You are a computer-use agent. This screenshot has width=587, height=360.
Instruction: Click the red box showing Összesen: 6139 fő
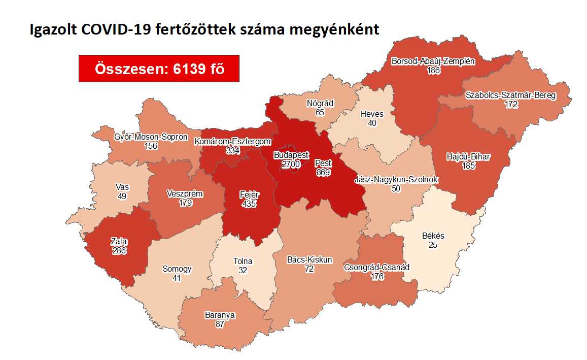[x=159, y=69]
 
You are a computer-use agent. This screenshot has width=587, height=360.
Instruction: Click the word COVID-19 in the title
[x=111, y=29]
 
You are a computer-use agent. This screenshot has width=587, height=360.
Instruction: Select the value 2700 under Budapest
[x=291, y=164]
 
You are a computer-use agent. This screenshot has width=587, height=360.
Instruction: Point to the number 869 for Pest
[x=323, y=173]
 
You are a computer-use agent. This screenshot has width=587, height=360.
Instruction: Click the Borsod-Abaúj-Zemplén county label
[x=433, y=61]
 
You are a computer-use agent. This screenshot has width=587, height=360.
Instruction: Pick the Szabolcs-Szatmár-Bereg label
[x=511, y=95]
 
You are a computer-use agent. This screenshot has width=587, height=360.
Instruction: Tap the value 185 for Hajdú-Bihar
[x=468, y=166]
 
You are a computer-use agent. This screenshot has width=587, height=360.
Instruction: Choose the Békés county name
[x=433, y=236]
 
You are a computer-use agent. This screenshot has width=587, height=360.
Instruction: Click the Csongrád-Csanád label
[x=376, y=267]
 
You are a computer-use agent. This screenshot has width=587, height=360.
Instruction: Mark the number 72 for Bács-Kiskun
[x=310, y=269]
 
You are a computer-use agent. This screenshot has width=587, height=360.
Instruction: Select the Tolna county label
[x=243, y=261]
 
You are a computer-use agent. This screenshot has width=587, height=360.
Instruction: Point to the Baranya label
[x=219, y=315]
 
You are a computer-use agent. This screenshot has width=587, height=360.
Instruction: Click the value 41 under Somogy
[x=177, y=278]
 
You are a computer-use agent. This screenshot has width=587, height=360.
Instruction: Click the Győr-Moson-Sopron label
[x=151, y=137]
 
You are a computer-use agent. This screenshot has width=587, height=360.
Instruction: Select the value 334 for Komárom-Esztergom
[x=232, y=151]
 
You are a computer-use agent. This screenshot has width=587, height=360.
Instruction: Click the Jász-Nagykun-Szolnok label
[x=396, y=180]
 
